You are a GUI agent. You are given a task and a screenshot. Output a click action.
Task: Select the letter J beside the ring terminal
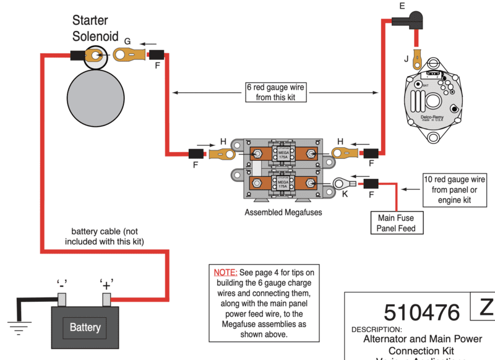click(406, 60)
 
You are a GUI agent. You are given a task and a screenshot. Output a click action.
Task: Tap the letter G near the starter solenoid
click(127, 41)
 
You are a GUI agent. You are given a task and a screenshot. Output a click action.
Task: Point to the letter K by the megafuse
click(345, 194)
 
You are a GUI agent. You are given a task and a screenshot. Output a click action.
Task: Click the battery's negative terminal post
click(62, 299)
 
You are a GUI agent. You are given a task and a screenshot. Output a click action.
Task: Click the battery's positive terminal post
click(106, 299)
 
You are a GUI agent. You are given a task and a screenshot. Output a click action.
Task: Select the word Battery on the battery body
click(85, 327)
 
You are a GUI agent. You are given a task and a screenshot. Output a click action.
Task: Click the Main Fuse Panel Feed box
click(396, 223)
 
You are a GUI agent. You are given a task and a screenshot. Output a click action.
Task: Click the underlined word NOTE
click(225, 272)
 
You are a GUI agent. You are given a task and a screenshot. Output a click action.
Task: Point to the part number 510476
click(422, 311)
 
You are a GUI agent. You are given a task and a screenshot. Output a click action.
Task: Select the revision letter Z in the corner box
click(484, 307)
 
